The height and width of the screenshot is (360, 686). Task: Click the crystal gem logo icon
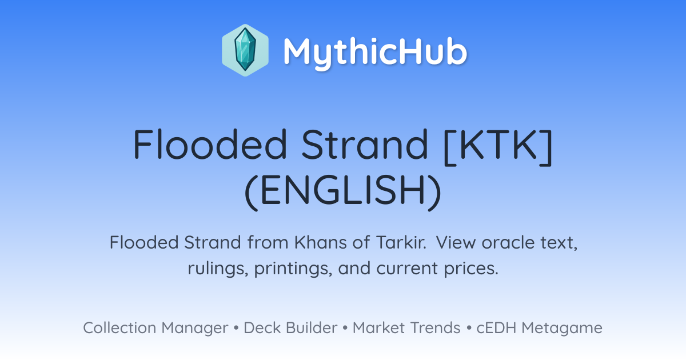[245, 50]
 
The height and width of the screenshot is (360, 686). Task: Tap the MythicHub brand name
[375, 52]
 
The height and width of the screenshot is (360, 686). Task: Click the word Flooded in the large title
[210, 144]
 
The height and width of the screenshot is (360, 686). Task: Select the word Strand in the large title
[365, 144]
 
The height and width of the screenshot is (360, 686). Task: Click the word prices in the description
[471, 269]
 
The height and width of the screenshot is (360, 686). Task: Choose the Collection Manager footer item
[155, 328]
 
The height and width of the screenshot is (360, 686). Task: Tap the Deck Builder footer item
[290, 327]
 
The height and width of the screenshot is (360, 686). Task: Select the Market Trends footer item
[406, 327]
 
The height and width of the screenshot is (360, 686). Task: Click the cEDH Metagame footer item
[539, 328]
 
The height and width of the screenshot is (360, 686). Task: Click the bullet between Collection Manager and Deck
[236, 328]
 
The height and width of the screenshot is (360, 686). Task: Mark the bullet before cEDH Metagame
[469, 328]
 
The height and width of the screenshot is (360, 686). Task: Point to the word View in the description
[456, 242]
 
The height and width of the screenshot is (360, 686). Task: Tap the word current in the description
[407, 269]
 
